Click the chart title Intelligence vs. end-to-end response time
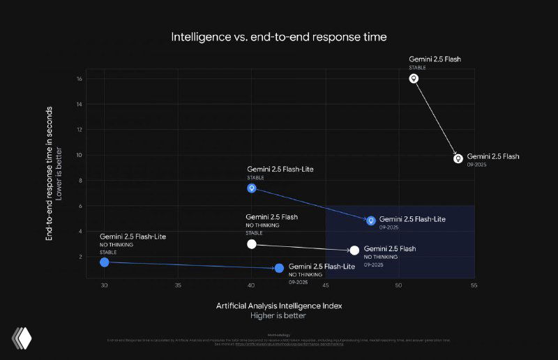pos(279,36)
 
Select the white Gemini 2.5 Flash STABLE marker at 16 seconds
pos(414,79)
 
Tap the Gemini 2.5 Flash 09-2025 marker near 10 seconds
pos(458,158)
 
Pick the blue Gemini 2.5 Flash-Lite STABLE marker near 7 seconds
pos(252,188)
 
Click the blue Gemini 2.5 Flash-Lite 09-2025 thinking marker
pos(371,220)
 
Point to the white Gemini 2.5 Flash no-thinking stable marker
pos(252,244)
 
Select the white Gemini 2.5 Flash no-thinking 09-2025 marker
pos(354,250)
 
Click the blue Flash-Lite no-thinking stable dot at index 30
pos(105,262)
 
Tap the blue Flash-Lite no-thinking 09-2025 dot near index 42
pos(279,268)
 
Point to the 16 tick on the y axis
pos(80,79)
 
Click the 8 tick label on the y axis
pos(81,181)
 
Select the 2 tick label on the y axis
pos(81,257)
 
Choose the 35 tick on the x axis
pos(178,285)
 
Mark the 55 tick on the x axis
pos(474,285)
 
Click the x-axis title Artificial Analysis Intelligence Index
pos(278,306)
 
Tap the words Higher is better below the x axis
pos(278,315)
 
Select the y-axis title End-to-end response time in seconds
pos(50,173)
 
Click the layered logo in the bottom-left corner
pos(22,338)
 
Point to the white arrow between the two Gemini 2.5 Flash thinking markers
pos(436,119)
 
